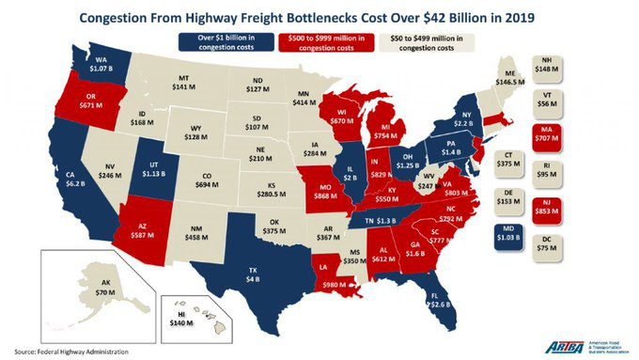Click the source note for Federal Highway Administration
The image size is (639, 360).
coord(65,351)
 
